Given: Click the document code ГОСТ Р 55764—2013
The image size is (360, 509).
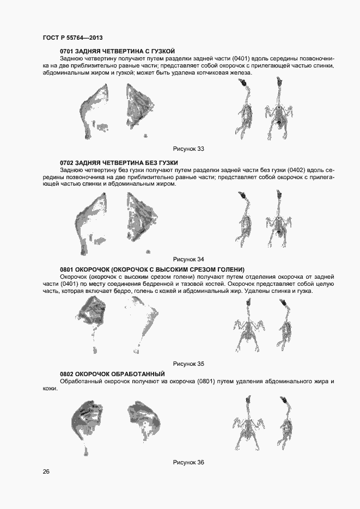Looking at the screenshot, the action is tap(73, 38).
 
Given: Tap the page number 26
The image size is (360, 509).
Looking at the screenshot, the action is tap(46, 471).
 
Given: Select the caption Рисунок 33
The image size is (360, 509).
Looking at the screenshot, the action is tap(188, 149).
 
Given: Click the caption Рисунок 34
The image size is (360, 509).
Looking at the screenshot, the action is tap(188, 259).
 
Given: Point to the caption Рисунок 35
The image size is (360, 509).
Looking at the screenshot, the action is tap(188, 364).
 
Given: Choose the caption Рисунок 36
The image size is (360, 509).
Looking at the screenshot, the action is tap(188, 463).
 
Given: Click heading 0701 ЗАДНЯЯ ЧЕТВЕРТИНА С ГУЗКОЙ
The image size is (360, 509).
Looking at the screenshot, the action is tap(118, 51).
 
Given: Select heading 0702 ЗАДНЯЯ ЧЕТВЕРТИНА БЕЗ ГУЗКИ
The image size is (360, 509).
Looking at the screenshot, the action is tap(119, 163).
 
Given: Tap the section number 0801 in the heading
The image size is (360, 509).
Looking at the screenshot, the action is tap(66, 269).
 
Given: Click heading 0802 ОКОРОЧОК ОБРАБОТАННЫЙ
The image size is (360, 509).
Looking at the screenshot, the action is tap(112, 374).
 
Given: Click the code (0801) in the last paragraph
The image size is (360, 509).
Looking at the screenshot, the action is tap(205, 381).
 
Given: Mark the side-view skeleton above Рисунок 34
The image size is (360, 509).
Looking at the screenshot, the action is tap(246, 219).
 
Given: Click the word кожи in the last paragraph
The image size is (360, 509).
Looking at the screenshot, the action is tap(50, 389).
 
